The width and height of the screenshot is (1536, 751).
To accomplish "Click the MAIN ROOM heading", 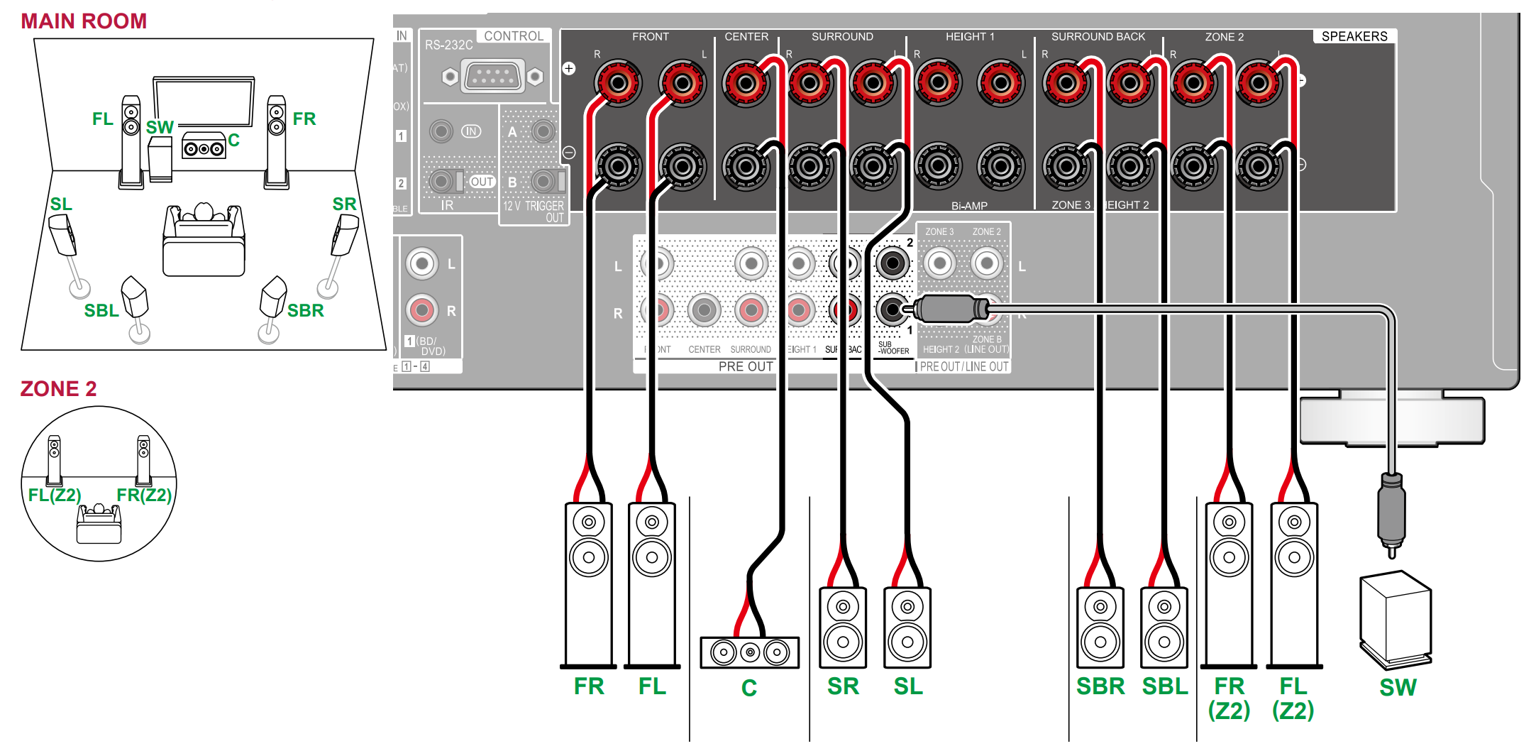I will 84,21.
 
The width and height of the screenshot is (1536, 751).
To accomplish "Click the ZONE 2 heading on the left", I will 58,389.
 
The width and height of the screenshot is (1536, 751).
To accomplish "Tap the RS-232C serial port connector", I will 492,76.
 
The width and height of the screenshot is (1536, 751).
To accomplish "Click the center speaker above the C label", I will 749,652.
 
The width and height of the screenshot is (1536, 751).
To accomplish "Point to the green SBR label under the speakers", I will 1100,687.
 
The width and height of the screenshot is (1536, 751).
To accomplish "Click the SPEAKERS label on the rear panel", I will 1354,36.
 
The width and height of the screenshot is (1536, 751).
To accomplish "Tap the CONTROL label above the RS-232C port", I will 514,35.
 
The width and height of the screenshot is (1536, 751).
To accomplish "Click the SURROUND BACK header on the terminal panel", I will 1098,36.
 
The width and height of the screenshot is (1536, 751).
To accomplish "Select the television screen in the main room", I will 204,102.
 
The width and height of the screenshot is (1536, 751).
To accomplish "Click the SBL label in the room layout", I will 101,311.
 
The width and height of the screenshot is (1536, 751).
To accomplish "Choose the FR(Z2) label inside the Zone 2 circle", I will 145,495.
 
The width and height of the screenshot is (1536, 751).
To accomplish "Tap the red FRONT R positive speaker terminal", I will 618,84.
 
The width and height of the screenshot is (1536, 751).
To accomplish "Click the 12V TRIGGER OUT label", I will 534,212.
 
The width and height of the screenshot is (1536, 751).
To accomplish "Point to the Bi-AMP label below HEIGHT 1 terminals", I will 969,206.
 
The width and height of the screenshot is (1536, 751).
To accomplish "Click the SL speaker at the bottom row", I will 907,627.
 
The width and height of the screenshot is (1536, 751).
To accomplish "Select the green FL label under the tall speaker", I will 652,686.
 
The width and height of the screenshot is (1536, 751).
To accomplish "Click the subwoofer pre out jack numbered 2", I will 893,263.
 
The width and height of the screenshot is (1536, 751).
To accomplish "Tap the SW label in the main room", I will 160,127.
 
